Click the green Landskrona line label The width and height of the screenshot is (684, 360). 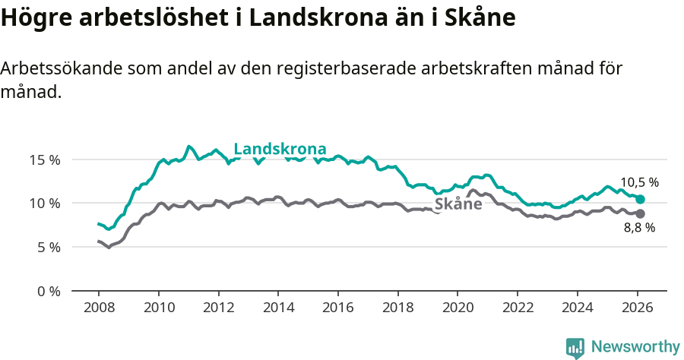click(x=280, y=149)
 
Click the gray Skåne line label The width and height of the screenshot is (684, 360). click(x=458, y=204)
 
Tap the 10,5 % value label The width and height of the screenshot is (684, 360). click(x=639, y=182)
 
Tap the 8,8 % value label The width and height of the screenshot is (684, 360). click(x=639, y=227)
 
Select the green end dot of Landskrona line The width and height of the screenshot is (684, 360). click(x=641, y=199)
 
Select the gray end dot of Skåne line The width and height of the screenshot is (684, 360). click(x=641, y=213)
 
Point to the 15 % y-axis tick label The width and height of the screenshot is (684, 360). click(x=45, y=159)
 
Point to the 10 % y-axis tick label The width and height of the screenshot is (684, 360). click(x=45, y=204)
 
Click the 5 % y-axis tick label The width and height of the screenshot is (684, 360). click(x=48, y=247)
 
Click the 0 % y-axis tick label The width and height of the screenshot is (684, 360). click(x=48, y=291)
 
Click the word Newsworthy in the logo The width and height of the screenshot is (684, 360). click(x=635, y=347)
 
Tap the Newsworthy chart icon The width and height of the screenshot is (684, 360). click(x=575, y=348)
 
